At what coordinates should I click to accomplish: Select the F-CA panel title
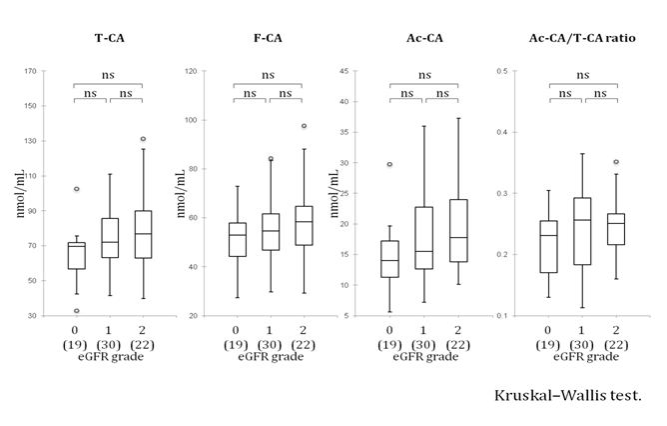(268, 39)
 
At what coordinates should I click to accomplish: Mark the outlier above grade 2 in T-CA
(143, 139)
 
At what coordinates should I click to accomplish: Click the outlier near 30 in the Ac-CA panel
(389, 164)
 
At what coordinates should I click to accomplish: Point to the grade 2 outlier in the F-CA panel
(304, 126)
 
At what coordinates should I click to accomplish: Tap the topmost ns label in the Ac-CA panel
(424, 74)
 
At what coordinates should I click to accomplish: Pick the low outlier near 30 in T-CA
(76, 311)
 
